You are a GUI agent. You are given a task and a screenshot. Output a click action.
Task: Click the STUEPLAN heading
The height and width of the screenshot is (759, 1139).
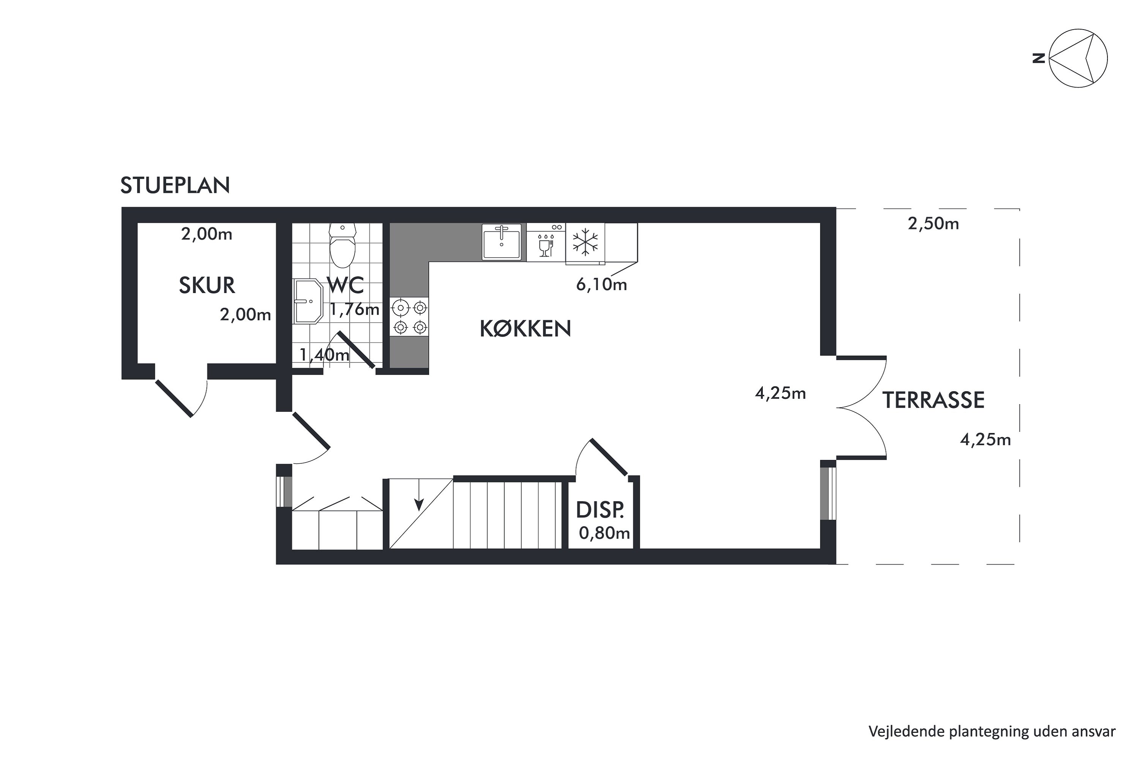click(x=175, y=186)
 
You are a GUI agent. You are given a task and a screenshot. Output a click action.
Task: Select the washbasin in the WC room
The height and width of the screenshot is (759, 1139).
click(x=308, y=301)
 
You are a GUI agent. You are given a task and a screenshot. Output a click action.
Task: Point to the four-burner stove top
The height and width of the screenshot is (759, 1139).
click(x=410, y=317)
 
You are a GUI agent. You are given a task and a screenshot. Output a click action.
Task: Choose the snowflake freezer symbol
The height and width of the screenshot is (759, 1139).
click(x=585, y=243)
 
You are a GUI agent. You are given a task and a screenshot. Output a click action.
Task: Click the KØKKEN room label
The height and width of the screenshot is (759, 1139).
click(x=525, y=329)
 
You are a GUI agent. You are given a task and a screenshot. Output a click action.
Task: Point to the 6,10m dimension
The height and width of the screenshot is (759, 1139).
click(x=601, y=285)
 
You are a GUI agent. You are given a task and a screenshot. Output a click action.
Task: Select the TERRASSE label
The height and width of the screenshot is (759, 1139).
click(x=933, y=400)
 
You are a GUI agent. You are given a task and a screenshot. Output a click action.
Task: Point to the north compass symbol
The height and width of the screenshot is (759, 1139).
click(x=1078, y=58)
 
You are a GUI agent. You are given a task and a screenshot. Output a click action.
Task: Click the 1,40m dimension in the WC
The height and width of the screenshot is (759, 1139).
click(x=324, y=355)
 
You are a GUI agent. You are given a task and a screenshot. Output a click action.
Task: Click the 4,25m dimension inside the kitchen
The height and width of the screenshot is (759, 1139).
click(x=780, y=394)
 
